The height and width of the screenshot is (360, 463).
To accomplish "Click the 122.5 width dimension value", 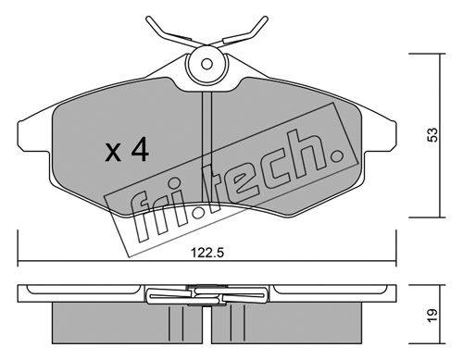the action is pos(206,253).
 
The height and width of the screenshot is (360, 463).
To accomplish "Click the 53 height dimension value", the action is pos(433,134).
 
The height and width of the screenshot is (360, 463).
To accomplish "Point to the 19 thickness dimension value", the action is pos(433,315).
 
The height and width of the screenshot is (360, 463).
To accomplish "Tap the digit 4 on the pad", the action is pos(140,149).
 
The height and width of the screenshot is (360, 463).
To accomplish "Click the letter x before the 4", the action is pos(113,153).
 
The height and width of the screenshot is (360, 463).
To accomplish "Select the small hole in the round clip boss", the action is pos(206,65).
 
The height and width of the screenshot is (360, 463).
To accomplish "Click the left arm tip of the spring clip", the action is pos(148,19).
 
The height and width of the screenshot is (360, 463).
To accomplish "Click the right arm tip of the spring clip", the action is pos(266,19).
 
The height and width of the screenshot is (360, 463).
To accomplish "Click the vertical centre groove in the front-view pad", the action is pos(206,147).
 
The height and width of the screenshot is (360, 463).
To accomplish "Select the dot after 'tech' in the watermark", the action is pos(336,156).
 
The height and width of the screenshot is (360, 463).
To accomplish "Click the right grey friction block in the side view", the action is pos(287,323).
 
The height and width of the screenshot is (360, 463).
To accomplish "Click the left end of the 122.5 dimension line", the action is pos(19,263).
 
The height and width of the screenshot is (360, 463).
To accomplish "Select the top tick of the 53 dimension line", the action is pos(428,54).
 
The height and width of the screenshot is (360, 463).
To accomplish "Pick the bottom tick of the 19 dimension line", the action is pos(428,343).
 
